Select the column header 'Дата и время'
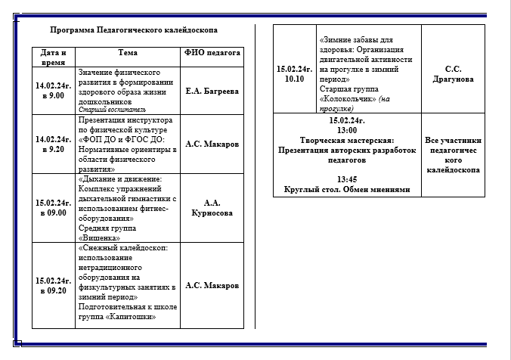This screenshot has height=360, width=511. [x=54, y=57]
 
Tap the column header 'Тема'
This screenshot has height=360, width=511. [x=128, y=53]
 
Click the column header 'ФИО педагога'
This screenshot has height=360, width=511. [x=212, y=53]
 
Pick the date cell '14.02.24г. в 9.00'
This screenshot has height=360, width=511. [x=54, y=91]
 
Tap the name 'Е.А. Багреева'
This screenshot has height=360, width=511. [x=212, y=91]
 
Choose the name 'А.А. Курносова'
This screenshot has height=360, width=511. [x=212, y=208]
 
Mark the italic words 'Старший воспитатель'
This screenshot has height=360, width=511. [x=107, y=109]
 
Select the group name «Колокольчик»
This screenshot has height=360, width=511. [x=348, y=99]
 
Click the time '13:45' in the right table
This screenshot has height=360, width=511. [x=347, y=179]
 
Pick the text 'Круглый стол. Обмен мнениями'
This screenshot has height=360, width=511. [x=347, y=190]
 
